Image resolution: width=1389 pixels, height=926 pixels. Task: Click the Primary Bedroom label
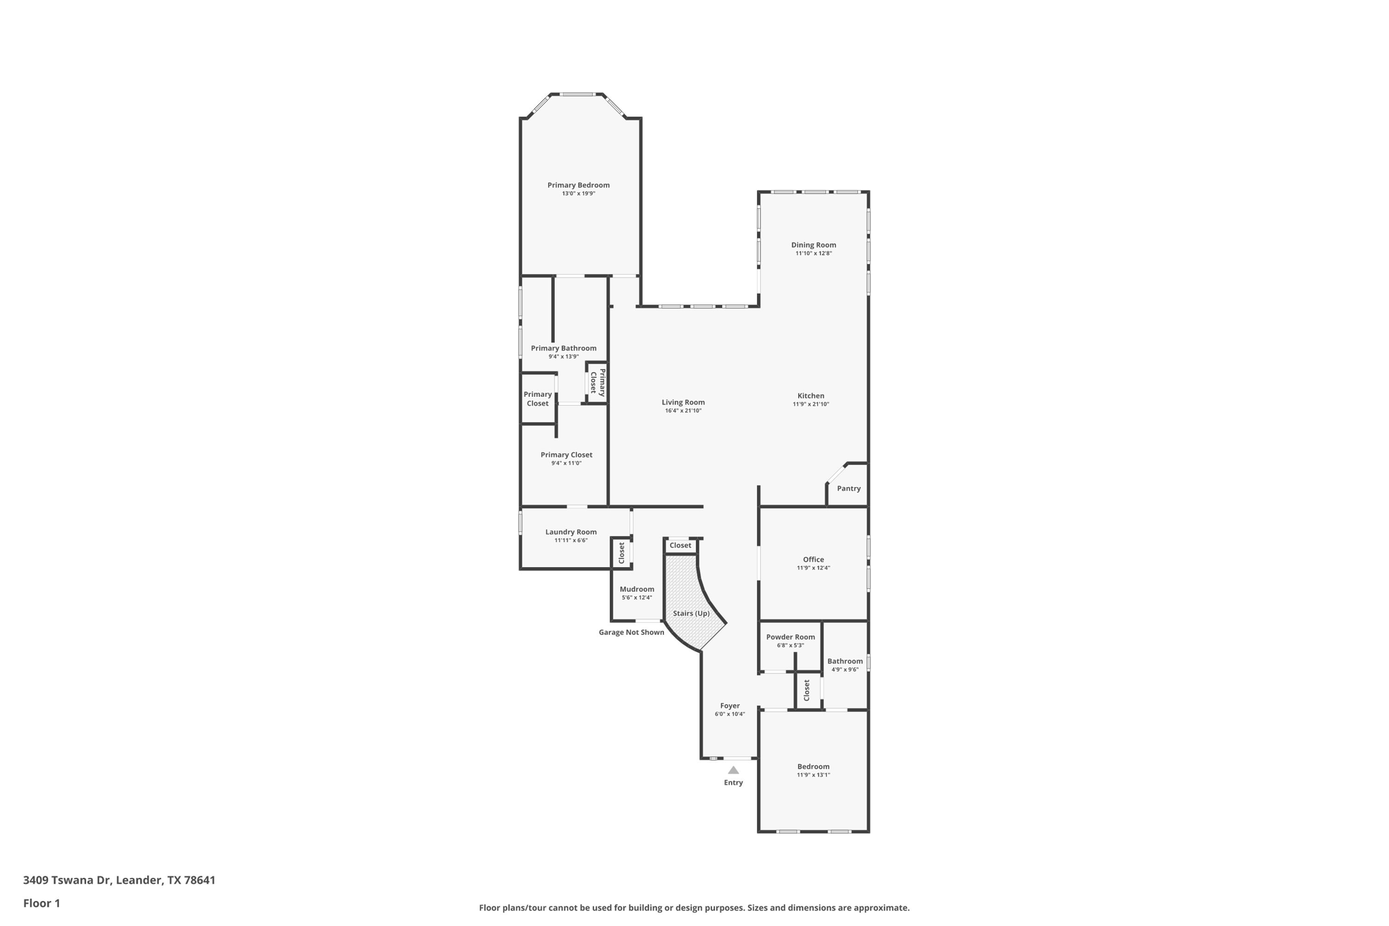579,185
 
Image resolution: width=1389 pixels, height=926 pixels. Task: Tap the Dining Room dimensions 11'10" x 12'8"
813,254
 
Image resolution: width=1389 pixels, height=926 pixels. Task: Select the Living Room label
683,402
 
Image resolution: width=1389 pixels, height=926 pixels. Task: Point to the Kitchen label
810,396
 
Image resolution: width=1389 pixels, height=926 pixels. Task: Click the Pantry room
848,488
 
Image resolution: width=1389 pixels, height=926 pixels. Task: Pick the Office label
813,560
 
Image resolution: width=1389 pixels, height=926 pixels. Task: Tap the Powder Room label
790,637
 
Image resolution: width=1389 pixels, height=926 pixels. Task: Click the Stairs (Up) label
691,613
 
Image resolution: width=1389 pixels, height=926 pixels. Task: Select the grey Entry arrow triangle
733,770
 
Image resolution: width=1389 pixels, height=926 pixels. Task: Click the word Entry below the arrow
733,783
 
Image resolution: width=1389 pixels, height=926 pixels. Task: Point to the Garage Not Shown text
631,632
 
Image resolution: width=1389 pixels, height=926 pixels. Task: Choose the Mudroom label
637,589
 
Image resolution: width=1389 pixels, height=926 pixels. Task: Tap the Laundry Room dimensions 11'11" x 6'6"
570,541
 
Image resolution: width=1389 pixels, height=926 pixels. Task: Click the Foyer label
730,706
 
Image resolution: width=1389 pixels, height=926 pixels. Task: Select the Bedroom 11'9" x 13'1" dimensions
813,775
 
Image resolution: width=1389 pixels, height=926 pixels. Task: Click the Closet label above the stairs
680,545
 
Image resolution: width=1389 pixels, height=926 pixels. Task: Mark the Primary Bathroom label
564,348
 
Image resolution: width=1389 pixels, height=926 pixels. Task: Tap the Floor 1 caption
41,903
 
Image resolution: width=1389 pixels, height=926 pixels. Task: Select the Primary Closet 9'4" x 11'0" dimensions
566,463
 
